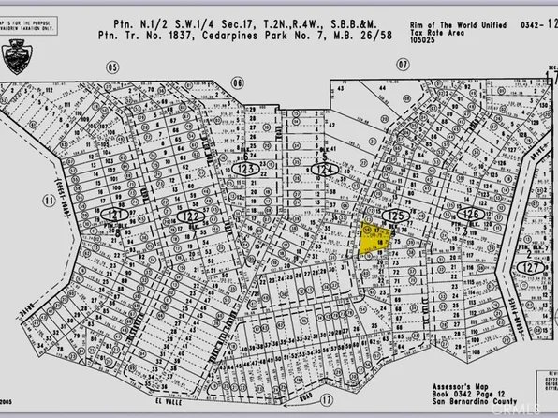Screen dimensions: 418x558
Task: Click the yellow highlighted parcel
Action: click(x=373, y=237)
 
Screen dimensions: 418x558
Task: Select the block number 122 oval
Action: click(x=184, y=216)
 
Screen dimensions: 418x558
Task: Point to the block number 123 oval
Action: click(x=245, y=168)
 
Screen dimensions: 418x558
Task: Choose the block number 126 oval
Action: click(x=474, y=214)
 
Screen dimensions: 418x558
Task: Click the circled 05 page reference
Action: click(x=114, y=67)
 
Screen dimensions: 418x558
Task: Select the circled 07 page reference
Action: click(x=403, y=65)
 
